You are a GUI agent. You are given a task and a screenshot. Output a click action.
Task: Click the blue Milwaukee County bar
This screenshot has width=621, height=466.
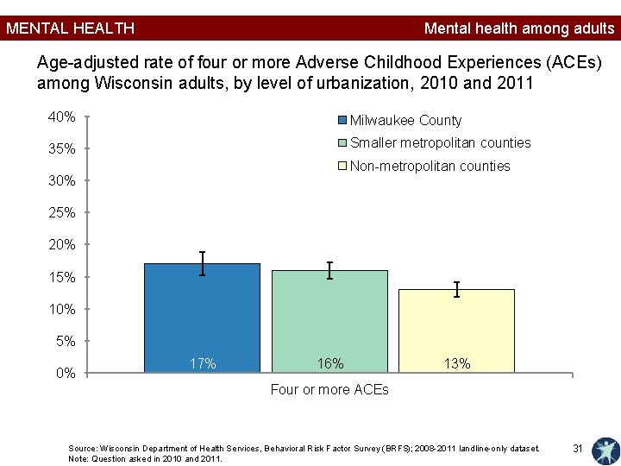click(x=202, y=318)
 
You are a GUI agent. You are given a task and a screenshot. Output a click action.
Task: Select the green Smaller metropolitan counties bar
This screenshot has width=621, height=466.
click(x=329, y=321)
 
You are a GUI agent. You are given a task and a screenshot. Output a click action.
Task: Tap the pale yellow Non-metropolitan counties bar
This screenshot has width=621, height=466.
click(x=456, y=331)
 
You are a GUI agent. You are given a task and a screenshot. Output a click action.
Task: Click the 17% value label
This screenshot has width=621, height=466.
click(x=203, y=363)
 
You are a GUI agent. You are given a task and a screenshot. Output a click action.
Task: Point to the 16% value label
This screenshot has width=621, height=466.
click(x=330, y=363)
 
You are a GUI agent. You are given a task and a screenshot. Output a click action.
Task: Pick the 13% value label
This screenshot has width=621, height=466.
click(x=457, y=363)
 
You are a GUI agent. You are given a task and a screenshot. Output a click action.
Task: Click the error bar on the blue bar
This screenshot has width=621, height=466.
click(x=202, y=263)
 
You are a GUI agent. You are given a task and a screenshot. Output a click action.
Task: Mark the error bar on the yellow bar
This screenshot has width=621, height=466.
click(x=456, y=289)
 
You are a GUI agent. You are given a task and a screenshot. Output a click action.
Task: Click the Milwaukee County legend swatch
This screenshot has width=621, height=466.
click(x=342, y=120)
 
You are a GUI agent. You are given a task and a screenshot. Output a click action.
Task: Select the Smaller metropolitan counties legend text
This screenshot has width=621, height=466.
click(x=441, y=142)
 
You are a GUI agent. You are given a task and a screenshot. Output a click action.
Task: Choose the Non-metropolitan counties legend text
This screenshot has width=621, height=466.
click(x=430, y=166)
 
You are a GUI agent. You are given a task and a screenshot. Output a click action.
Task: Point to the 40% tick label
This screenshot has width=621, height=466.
click(x=61, y=116)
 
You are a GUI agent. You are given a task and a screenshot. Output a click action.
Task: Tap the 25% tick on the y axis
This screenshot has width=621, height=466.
click(x=87, y=213)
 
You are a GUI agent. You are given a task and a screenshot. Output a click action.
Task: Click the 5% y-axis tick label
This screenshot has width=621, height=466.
click(x=66, y=341)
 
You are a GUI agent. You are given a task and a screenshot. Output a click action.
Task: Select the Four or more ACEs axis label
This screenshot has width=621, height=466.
click(x=329, y=389)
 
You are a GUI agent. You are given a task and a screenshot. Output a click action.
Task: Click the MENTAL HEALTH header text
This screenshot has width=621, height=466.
click(x=71, y=28)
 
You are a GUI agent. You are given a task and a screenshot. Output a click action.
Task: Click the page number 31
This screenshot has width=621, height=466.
click(x=577, y=448)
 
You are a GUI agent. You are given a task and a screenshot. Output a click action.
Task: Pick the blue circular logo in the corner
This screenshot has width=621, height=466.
click(x=606, y=451)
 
